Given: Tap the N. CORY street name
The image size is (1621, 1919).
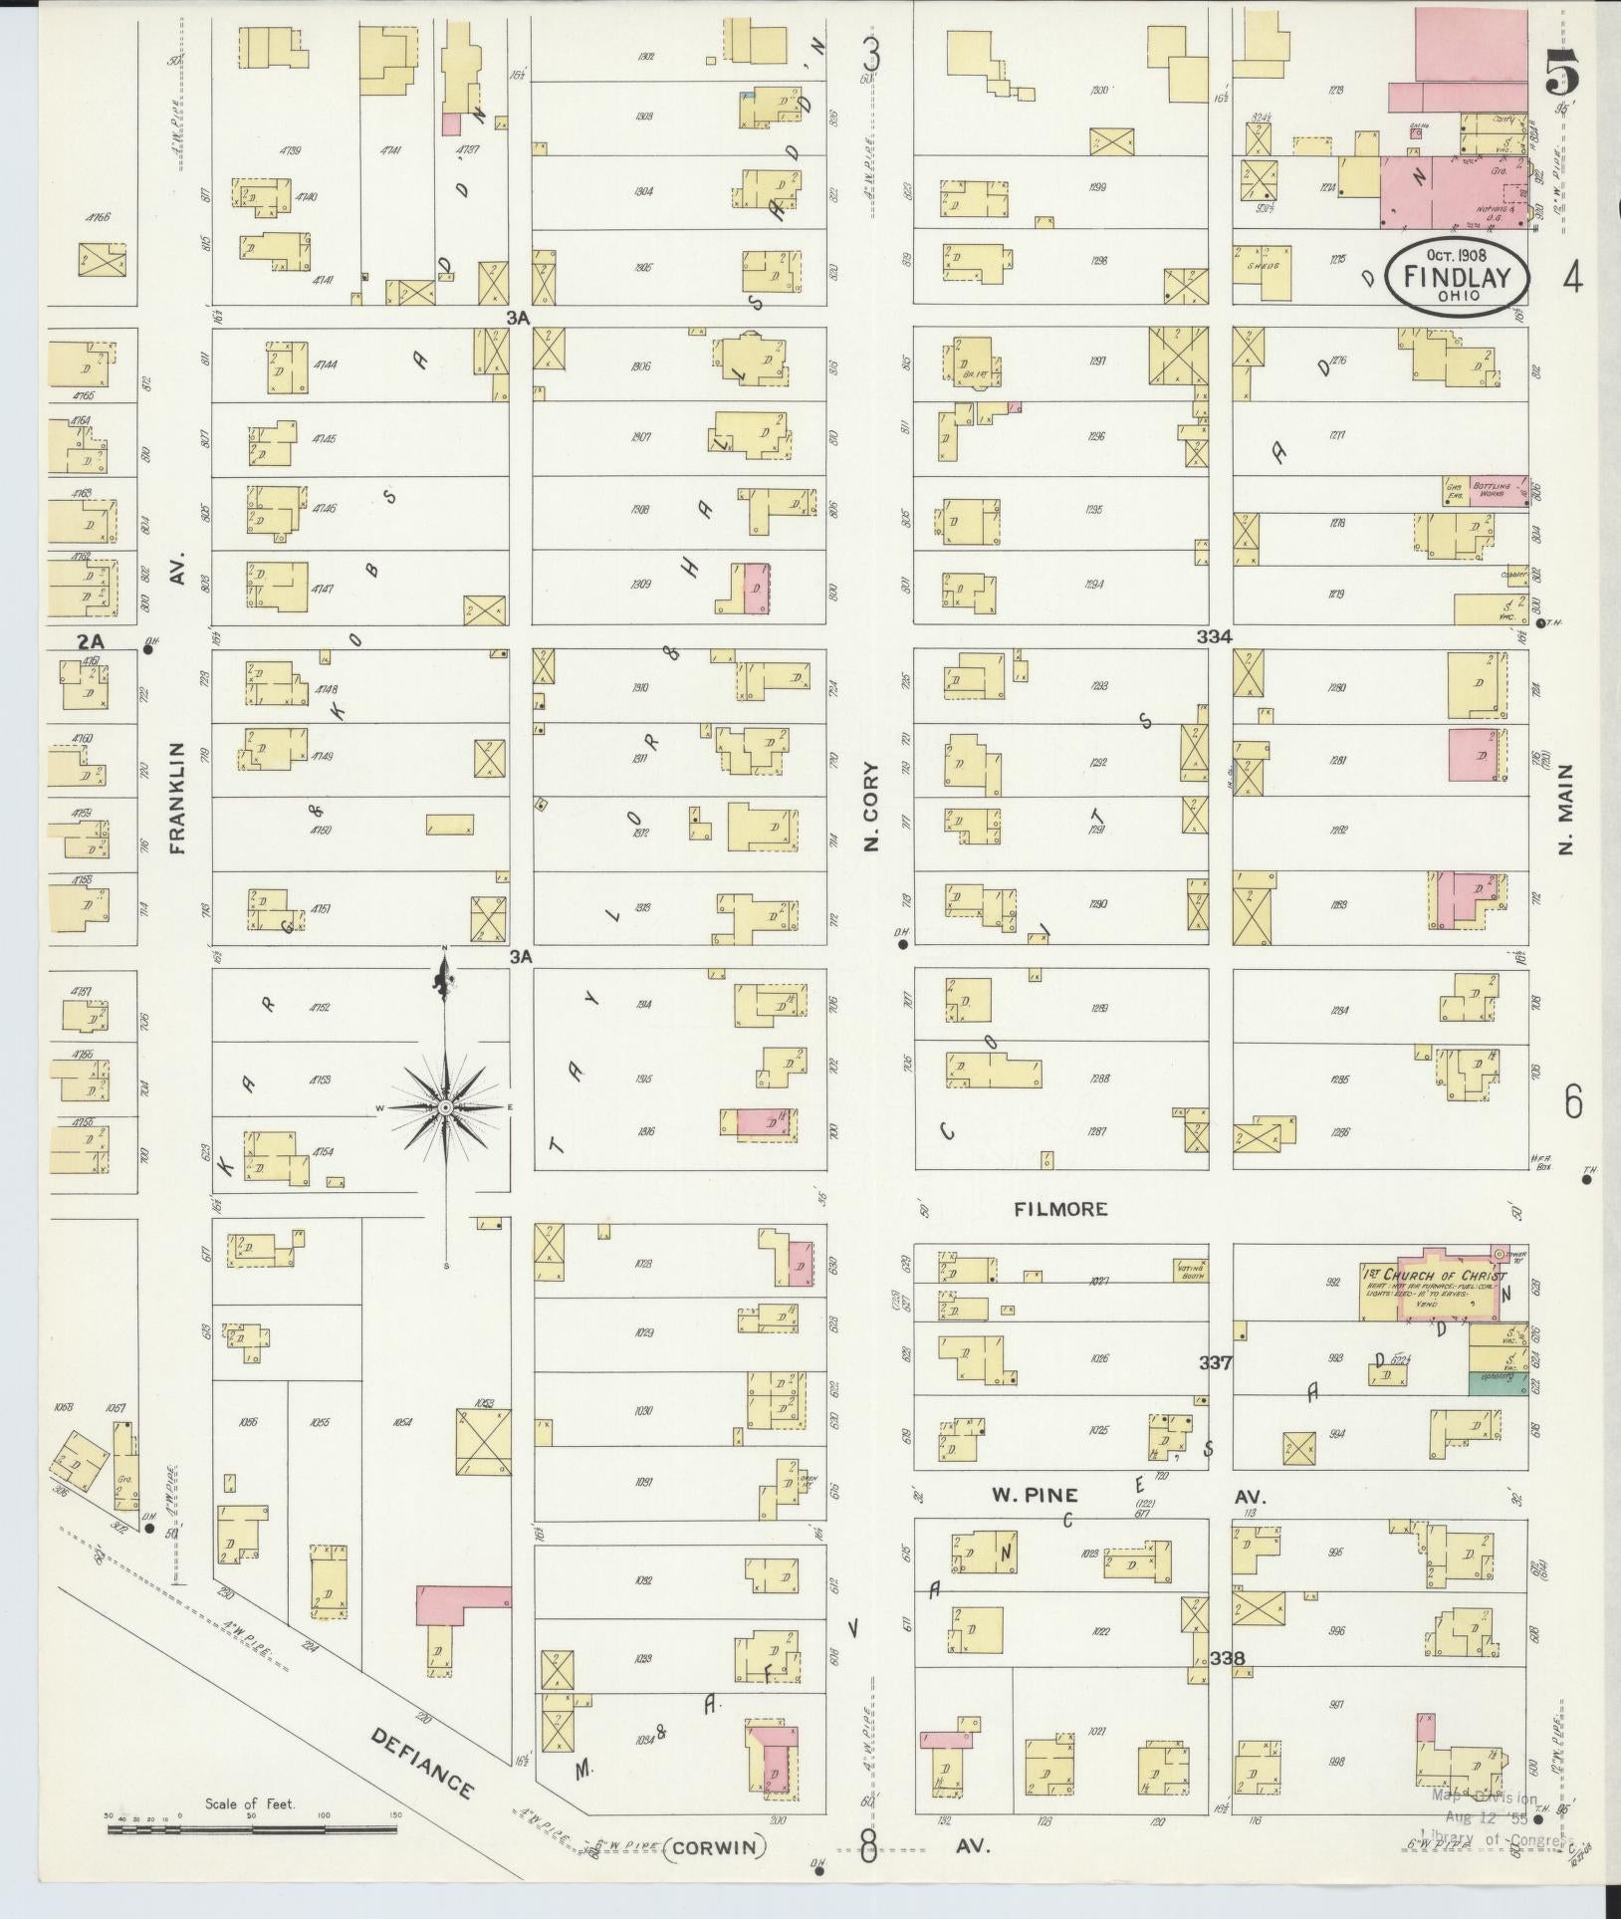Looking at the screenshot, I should point(871,807).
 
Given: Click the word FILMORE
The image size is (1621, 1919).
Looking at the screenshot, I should point(1060,1208).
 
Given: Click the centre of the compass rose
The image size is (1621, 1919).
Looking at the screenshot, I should point(445,1107).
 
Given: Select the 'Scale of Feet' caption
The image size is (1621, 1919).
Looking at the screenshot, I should point(250,1803).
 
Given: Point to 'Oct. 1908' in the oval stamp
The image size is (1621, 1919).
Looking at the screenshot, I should point(1457,255).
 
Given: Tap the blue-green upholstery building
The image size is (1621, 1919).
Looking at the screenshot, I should point(1498,1383).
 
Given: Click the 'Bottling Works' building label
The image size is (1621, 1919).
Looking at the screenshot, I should point(1495,489).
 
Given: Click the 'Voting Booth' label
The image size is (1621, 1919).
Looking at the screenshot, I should point(1191,1269).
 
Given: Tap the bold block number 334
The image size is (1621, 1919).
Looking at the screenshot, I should point(1215,635).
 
